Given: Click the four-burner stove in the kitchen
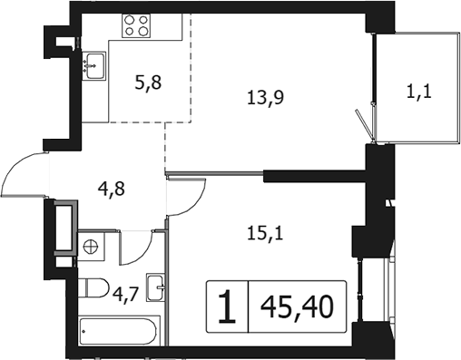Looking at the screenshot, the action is coord(136,25).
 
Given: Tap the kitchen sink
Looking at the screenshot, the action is coord(94,65).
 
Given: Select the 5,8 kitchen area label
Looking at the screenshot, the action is coord(148,83).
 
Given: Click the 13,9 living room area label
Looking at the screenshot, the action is coord(265,98).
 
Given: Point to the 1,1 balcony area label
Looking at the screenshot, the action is coord(419,92).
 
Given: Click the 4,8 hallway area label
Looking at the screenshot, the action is coord(112,189).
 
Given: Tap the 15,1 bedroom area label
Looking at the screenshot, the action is coord(265,234).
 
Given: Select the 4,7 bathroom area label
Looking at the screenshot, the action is coord(126,295).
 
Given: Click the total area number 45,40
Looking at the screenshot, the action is coord(297,306).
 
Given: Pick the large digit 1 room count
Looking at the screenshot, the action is coord(227,306).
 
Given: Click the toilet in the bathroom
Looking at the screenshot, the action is coord(93,287).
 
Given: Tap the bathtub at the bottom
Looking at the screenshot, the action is coord(119,331).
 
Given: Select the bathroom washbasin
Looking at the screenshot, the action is coord(155,287).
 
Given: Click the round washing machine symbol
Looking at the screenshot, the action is coord(92,247).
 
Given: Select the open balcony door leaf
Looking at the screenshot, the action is coord(365,125).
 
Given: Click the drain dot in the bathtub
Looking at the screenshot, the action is coord(83,331).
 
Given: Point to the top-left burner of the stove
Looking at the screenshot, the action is coord(130,20).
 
